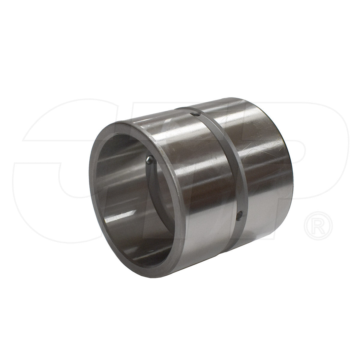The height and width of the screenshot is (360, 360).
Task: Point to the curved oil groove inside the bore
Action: [156, 192]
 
